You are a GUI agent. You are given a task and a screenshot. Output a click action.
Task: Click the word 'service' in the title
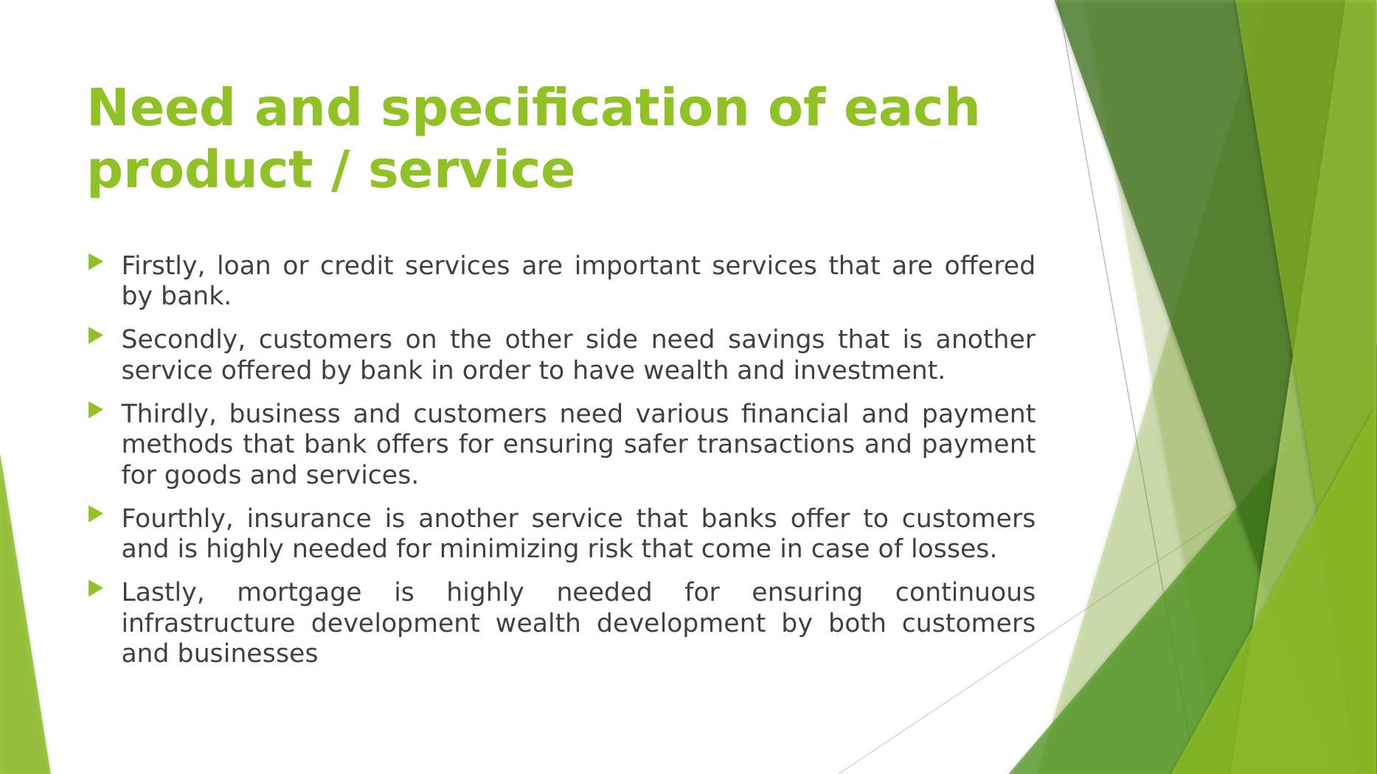(471, 170)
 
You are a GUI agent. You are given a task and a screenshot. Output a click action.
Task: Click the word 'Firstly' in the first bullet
(163, 266)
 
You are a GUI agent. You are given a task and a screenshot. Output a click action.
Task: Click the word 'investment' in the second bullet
(870, 370)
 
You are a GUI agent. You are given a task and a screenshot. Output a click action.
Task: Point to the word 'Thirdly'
(169, 415)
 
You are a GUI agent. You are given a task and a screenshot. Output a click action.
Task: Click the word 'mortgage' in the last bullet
(299, 593)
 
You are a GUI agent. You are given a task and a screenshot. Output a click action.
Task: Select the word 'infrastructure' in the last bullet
(209, 623)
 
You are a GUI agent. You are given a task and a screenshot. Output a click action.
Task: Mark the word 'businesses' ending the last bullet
(248, 654)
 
